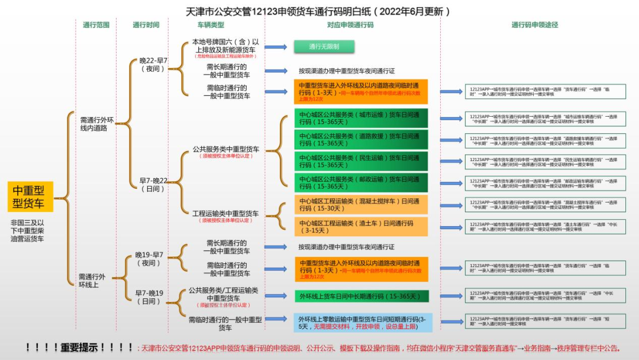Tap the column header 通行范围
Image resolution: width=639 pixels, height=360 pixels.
[96, 25]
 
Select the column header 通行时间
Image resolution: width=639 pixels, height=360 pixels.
[146, 25]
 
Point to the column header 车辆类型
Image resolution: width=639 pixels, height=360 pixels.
[211, 25]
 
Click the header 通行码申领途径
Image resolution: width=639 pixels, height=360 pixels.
[535, 25]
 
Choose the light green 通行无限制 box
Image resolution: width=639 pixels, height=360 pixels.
[324, 46]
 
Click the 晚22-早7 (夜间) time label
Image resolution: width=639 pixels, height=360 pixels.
[153, 65]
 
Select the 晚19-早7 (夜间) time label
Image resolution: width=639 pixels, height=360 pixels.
[149, 259]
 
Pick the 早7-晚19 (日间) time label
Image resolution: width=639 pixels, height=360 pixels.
[149, 297]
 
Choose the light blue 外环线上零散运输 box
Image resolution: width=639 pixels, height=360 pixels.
[363, 323]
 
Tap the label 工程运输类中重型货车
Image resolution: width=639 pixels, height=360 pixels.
[225, 214]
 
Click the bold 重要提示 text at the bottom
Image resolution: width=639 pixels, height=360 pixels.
[79, 348]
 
